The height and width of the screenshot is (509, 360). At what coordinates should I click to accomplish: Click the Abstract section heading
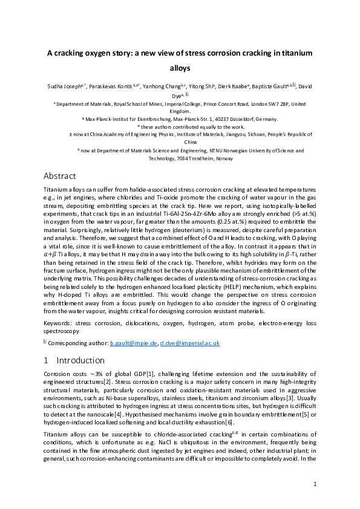(x=60, y=176)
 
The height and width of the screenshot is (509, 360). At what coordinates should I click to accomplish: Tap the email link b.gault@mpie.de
(x=133, y=343)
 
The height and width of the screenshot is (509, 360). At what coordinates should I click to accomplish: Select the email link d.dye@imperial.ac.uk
(x=189, y=343)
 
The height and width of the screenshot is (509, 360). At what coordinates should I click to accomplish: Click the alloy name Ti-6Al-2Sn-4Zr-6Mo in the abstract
(x=206, y=213)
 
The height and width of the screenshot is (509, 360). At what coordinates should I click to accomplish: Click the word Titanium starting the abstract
(x=56, y=190)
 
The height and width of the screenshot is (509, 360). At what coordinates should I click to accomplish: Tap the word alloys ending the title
(x=180, y=68)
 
